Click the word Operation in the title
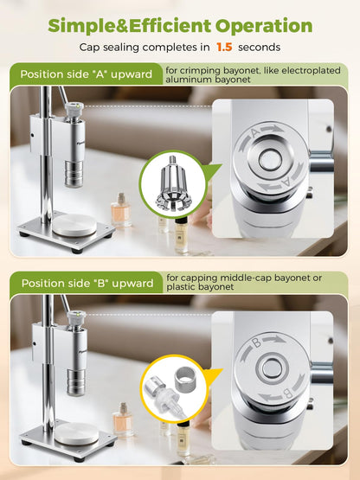264,26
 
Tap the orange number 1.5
224,48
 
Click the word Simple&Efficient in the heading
129,26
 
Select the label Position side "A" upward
86,74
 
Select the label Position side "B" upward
87,283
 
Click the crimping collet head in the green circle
172,183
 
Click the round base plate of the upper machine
74,226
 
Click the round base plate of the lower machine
76,434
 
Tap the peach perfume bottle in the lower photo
123,419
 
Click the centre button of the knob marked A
270,159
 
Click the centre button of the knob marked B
271,368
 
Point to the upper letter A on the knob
255,133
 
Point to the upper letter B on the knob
257,342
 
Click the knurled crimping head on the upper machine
74,174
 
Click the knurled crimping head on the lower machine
76,382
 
